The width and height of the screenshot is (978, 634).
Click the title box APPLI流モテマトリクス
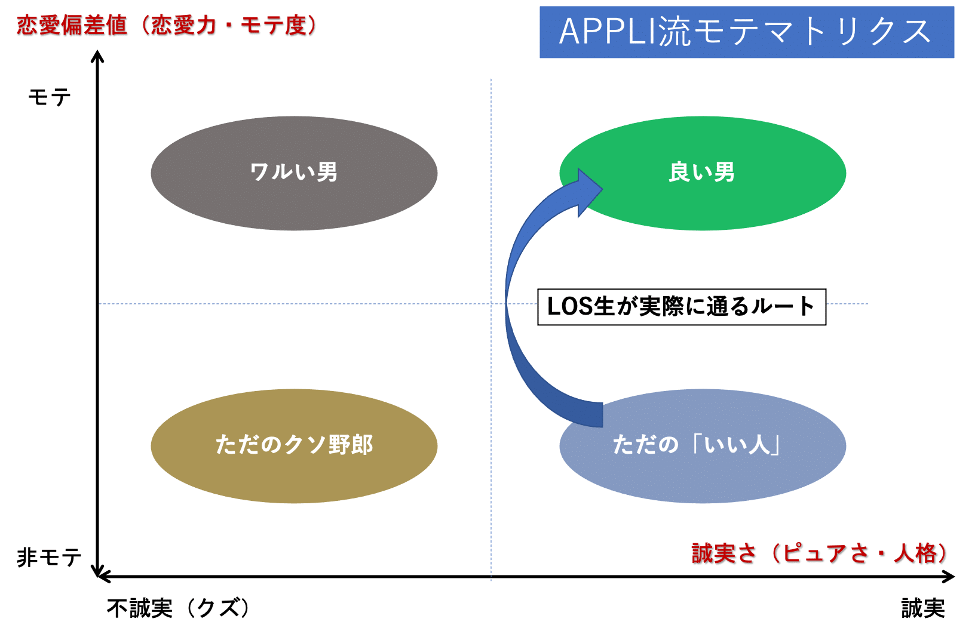[746, 32]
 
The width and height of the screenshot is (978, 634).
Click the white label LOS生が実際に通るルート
[681, 307]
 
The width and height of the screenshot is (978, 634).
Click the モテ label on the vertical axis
[50, 97]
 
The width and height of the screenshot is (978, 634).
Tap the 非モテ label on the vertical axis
[49, 558]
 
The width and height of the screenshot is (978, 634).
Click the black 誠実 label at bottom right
[923, 608]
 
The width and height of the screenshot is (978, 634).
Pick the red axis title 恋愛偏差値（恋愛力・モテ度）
[167, 26]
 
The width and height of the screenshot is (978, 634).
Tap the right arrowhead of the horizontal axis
[950, 577]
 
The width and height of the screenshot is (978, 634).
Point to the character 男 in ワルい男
[327, 173]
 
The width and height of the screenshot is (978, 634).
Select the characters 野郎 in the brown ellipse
[351, 445]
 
